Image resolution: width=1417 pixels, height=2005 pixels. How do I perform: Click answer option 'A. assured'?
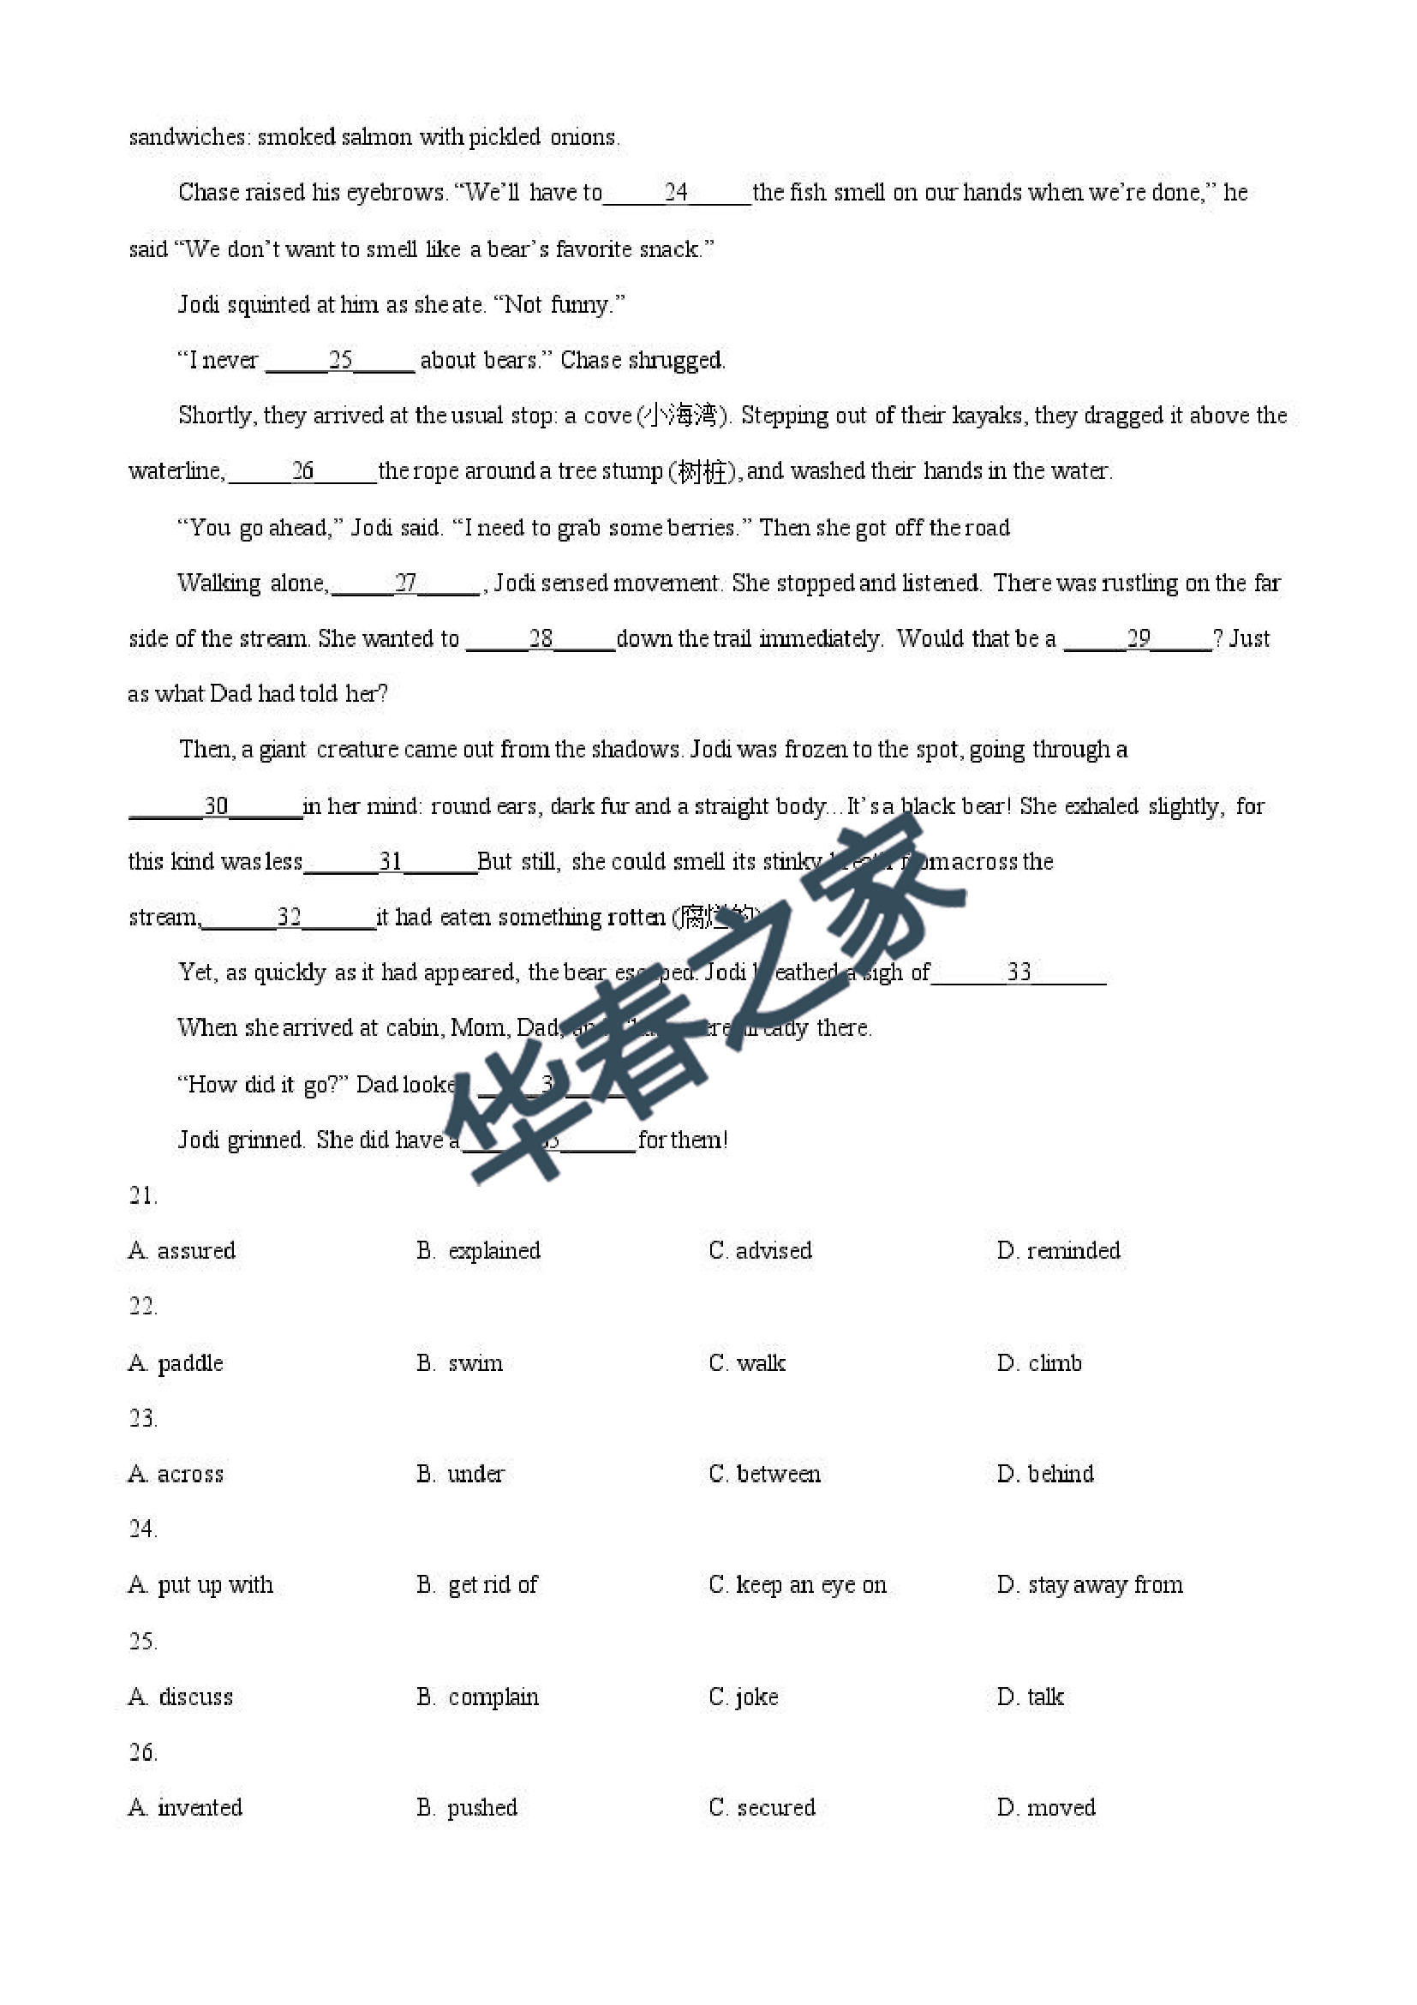point(182,1250)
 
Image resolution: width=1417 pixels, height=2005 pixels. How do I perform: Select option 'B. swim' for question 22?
point(459,1363)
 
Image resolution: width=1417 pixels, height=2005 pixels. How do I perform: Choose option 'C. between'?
point(764,1474)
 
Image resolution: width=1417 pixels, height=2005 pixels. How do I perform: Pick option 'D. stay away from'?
point(1090,1585)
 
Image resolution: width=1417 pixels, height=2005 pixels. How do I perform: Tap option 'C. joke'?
point(743,1697)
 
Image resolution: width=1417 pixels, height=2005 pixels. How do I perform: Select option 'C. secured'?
point(762,1808)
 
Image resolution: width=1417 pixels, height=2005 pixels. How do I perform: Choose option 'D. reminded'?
point(1058,1250)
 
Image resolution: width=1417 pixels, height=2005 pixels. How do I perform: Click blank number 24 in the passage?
point(677,192)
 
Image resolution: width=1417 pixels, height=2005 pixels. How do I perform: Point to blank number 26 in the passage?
point(302,471)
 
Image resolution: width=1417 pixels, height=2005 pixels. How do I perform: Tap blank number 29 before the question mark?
point(1139,638)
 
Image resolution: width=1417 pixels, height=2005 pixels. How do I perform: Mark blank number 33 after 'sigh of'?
point(1019,972)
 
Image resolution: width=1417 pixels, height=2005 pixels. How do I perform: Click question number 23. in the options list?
point(143,1418)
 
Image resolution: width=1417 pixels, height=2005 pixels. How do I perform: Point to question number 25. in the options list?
point(143,1641)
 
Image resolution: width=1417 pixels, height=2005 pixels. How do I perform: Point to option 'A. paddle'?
point(176,1363)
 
